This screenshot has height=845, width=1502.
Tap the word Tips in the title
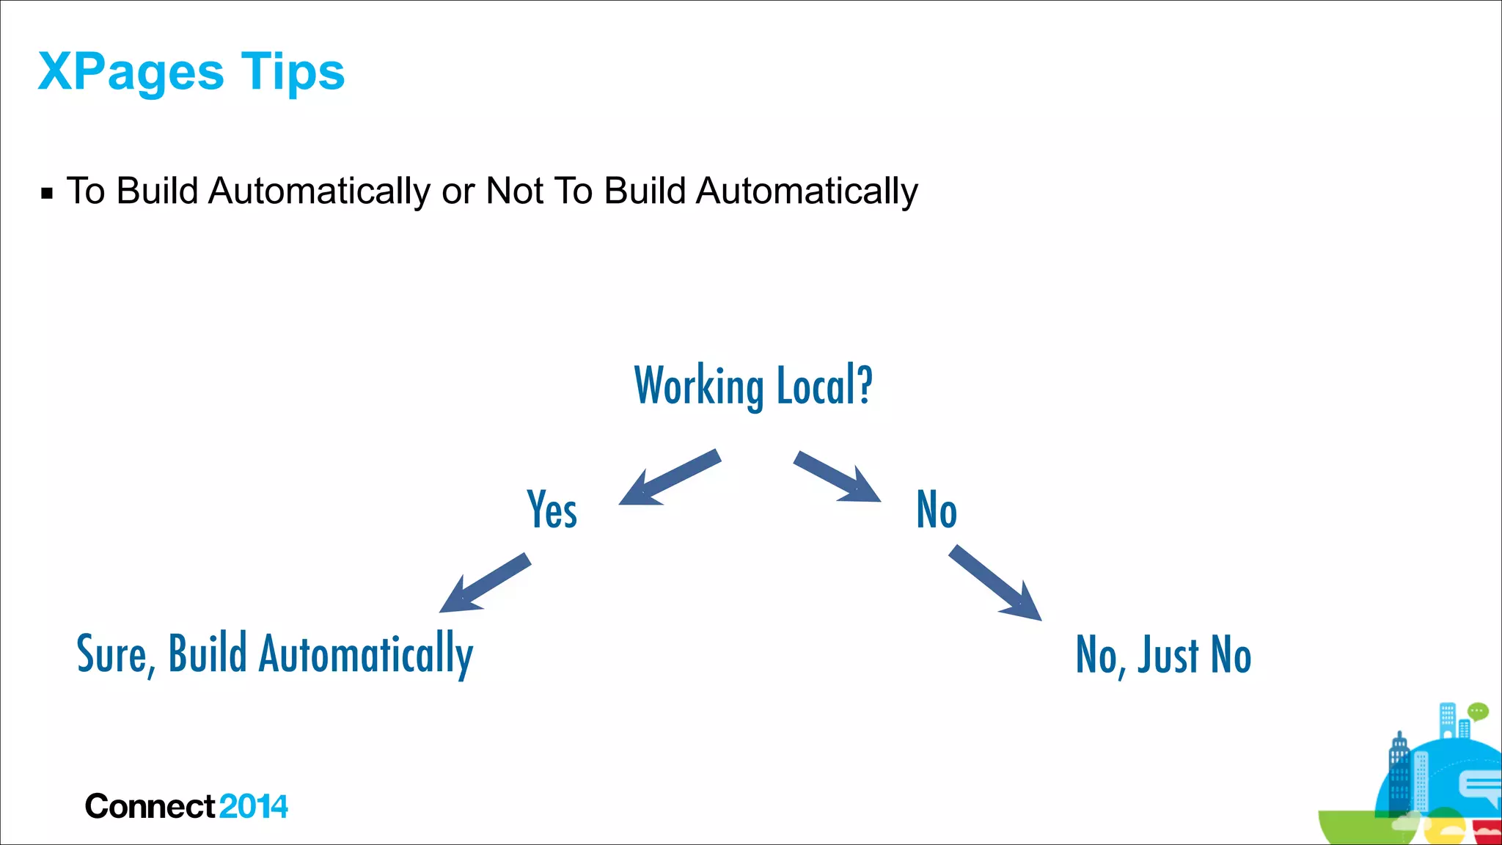[x=293, y=73]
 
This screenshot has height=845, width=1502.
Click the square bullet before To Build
[x=47, y=194]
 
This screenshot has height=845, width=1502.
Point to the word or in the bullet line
[x=458, y=192]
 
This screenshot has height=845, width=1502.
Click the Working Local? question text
[x=753, y=385]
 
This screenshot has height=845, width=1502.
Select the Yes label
[x=552, y=509]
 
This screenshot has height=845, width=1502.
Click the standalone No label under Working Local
[x=937, y=509]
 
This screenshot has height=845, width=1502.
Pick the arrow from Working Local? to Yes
[x=668, y=478]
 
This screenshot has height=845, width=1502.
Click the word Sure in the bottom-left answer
[x=113, y=654]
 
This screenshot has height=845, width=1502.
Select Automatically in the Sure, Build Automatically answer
[x=366, y=654]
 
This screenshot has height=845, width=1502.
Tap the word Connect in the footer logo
[x=150, y=807]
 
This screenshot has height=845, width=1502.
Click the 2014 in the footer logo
[x=253, y=807]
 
